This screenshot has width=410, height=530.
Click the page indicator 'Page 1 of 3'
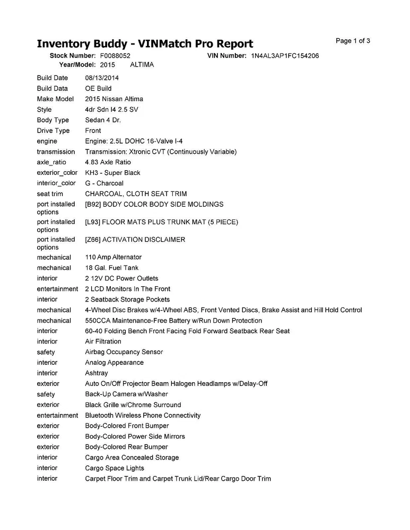coord(353,41)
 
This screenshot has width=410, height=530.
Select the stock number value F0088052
coord(115,56)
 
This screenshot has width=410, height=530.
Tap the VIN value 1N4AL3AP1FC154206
coord(285,56)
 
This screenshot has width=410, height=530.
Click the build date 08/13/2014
coord(102,78)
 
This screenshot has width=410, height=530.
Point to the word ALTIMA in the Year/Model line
coord(142,65)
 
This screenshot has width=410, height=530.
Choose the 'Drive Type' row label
coord(53,130)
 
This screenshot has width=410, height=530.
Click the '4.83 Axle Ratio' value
coord(108,162)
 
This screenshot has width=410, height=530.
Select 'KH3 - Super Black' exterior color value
coord(112,173)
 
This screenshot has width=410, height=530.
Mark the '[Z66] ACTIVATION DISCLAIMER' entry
coord(135,240)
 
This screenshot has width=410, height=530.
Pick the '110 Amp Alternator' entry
coord(113,257)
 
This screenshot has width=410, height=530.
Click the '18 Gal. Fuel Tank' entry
coord(111,268)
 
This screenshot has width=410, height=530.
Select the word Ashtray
coord(97,373)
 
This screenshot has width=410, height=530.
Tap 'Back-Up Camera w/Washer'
coord(126,394)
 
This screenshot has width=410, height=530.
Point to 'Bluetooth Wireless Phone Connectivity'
coord(143,416)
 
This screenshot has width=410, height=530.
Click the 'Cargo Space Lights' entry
coord(114,468)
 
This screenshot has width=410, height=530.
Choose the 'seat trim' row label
coord(50,194)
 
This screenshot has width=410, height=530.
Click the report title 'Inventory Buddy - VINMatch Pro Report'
coord(145,43)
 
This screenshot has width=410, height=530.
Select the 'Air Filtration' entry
coord(103,341)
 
